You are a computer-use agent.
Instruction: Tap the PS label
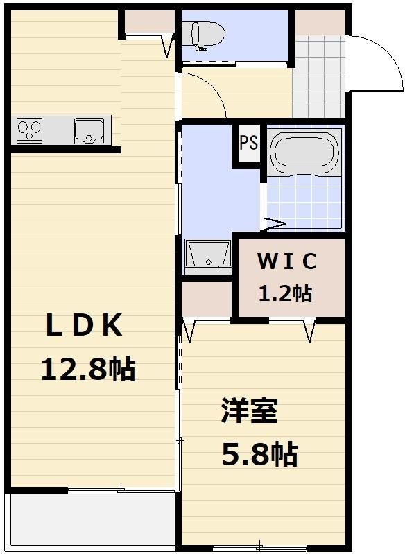coord(249,143)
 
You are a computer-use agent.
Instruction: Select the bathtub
coord(304,151)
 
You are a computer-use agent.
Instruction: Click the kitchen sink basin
coord(89,130)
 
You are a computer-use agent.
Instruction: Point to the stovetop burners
coord(29,130)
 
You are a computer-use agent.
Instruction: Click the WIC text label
coord(287,261)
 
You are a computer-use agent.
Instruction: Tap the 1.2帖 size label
coord(286,293)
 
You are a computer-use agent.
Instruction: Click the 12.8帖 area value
coord(88,369)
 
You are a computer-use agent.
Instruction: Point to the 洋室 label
coord(250,410)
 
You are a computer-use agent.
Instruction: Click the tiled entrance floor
coord(319,76)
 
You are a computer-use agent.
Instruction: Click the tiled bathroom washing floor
coord(304,202)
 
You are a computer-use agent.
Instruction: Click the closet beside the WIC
coord(207,299)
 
